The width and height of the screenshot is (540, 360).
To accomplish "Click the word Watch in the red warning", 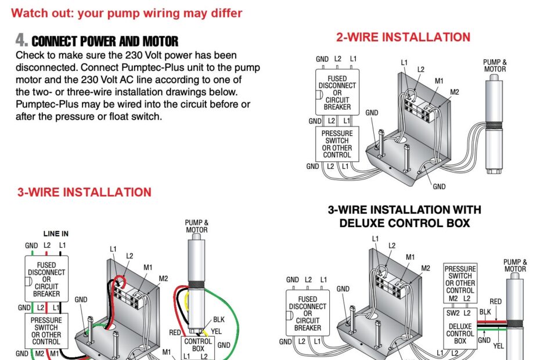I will (x=29, y=13).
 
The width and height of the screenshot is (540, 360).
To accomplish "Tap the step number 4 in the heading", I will (x=21, y=41).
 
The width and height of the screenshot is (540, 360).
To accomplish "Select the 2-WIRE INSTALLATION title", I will (x=403, y=37).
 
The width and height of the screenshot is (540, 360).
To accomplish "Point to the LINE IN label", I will (x=56, y=233).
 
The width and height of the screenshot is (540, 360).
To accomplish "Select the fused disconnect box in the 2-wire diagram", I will (x=337, y=93).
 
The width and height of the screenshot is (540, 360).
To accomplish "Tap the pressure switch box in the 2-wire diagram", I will (x=337, y=144).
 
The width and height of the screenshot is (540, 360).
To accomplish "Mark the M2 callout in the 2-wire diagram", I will (x=454, y=92).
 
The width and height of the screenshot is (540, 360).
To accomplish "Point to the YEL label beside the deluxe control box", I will (x=498, y=345).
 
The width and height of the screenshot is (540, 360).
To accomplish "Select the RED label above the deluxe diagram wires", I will (x=495, y=301).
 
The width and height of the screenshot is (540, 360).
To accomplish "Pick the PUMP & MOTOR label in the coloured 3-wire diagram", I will (x=196, y=226).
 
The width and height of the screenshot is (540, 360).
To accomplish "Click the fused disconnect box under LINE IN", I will (x=46, y=279).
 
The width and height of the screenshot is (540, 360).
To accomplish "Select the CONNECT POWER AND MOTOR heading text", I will (x=105, y=41).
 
